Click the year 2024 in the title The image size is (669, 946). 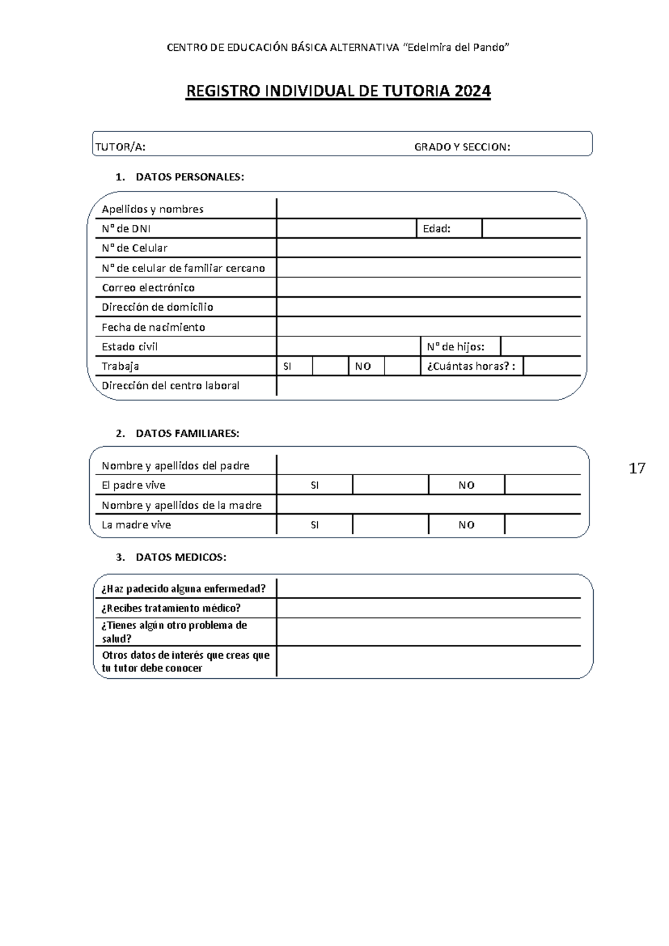click(472, 91)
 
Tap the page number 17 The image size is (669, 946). click(637, 469)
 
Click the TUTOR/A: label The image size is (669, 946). click(120, 147)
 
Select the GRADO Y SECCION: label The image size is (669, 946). click(462, 147)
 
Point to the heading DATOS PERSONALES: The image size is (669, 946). click(190, 177)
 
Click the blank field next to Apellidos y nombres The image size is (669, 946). click(428, 209)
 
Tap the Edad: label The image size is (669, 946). click(437, 229)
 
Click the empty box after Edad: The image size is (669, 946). click(531, 229)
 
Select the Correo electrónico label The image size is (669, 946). click(148, 288)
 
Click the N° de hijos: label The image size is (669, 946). click(455, 347)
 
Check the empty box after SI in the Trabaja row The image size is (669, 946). click(331, 366)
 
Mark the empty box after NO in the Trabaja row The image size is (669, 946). click(402, 366)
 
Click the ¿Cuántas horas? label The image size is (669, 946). click(470, 366)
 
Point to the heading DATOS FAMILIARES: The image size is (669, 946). click(187, 434)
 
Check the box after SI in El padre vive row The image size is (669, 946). click(390, 485)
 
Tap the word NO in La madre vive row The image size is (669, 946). click(466, 525)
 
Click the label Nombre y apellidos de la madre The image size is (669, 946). click(182, 505)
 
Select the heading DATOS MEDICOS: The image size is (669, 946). click(181, 557)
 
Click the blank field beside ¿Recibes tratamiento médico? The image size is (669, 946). click(428, 608)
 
